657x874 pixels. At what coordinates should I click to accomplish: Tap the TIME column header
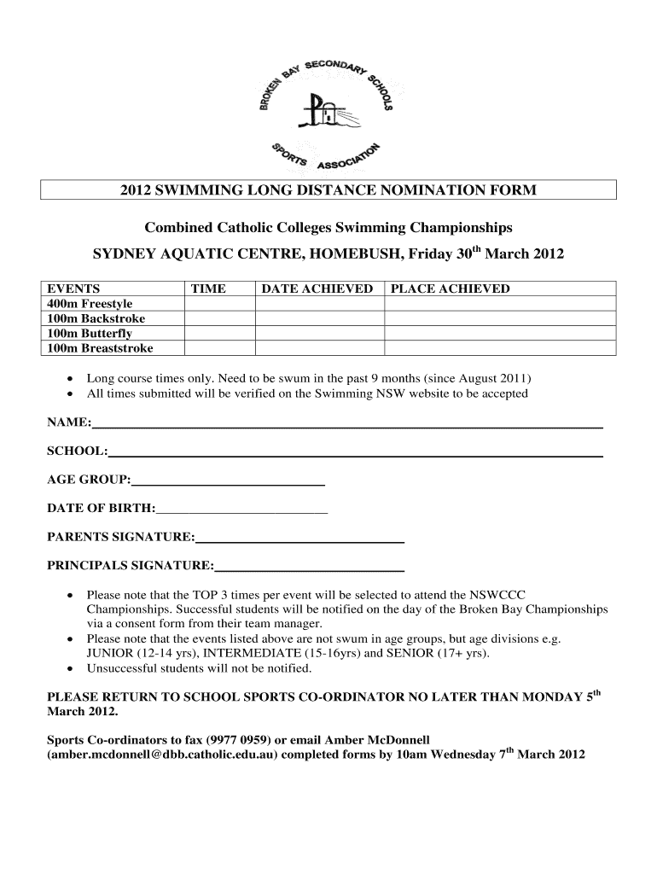(207, 288)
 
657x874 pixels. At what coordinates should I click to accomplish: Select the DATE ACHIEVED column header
(317, 288)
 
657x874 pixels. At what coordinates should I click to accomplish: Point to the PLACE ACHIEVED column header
(450, 288)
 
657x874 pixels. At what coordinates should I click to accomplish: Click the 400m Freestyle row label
(89, 303)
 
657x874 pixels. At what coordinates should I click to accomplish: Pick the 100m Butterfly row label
(89, 333)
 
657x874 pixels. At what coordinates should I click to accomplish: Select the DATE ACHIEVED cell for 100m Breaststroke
(320, 347)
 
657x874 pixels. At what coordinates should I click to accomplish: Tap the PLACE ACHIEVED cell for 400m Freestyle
(499, 303)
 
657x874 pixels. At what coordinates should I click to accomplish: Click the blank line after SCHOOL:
(355, 452)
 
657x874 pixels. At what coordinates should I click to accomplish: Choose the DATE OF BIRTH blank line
(241, 510)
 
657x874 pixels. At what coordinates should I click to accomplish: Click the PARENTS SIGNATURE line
(299, 539)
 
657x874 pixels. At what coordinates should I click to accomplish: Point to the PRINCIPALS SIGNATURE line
(310, 567)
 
